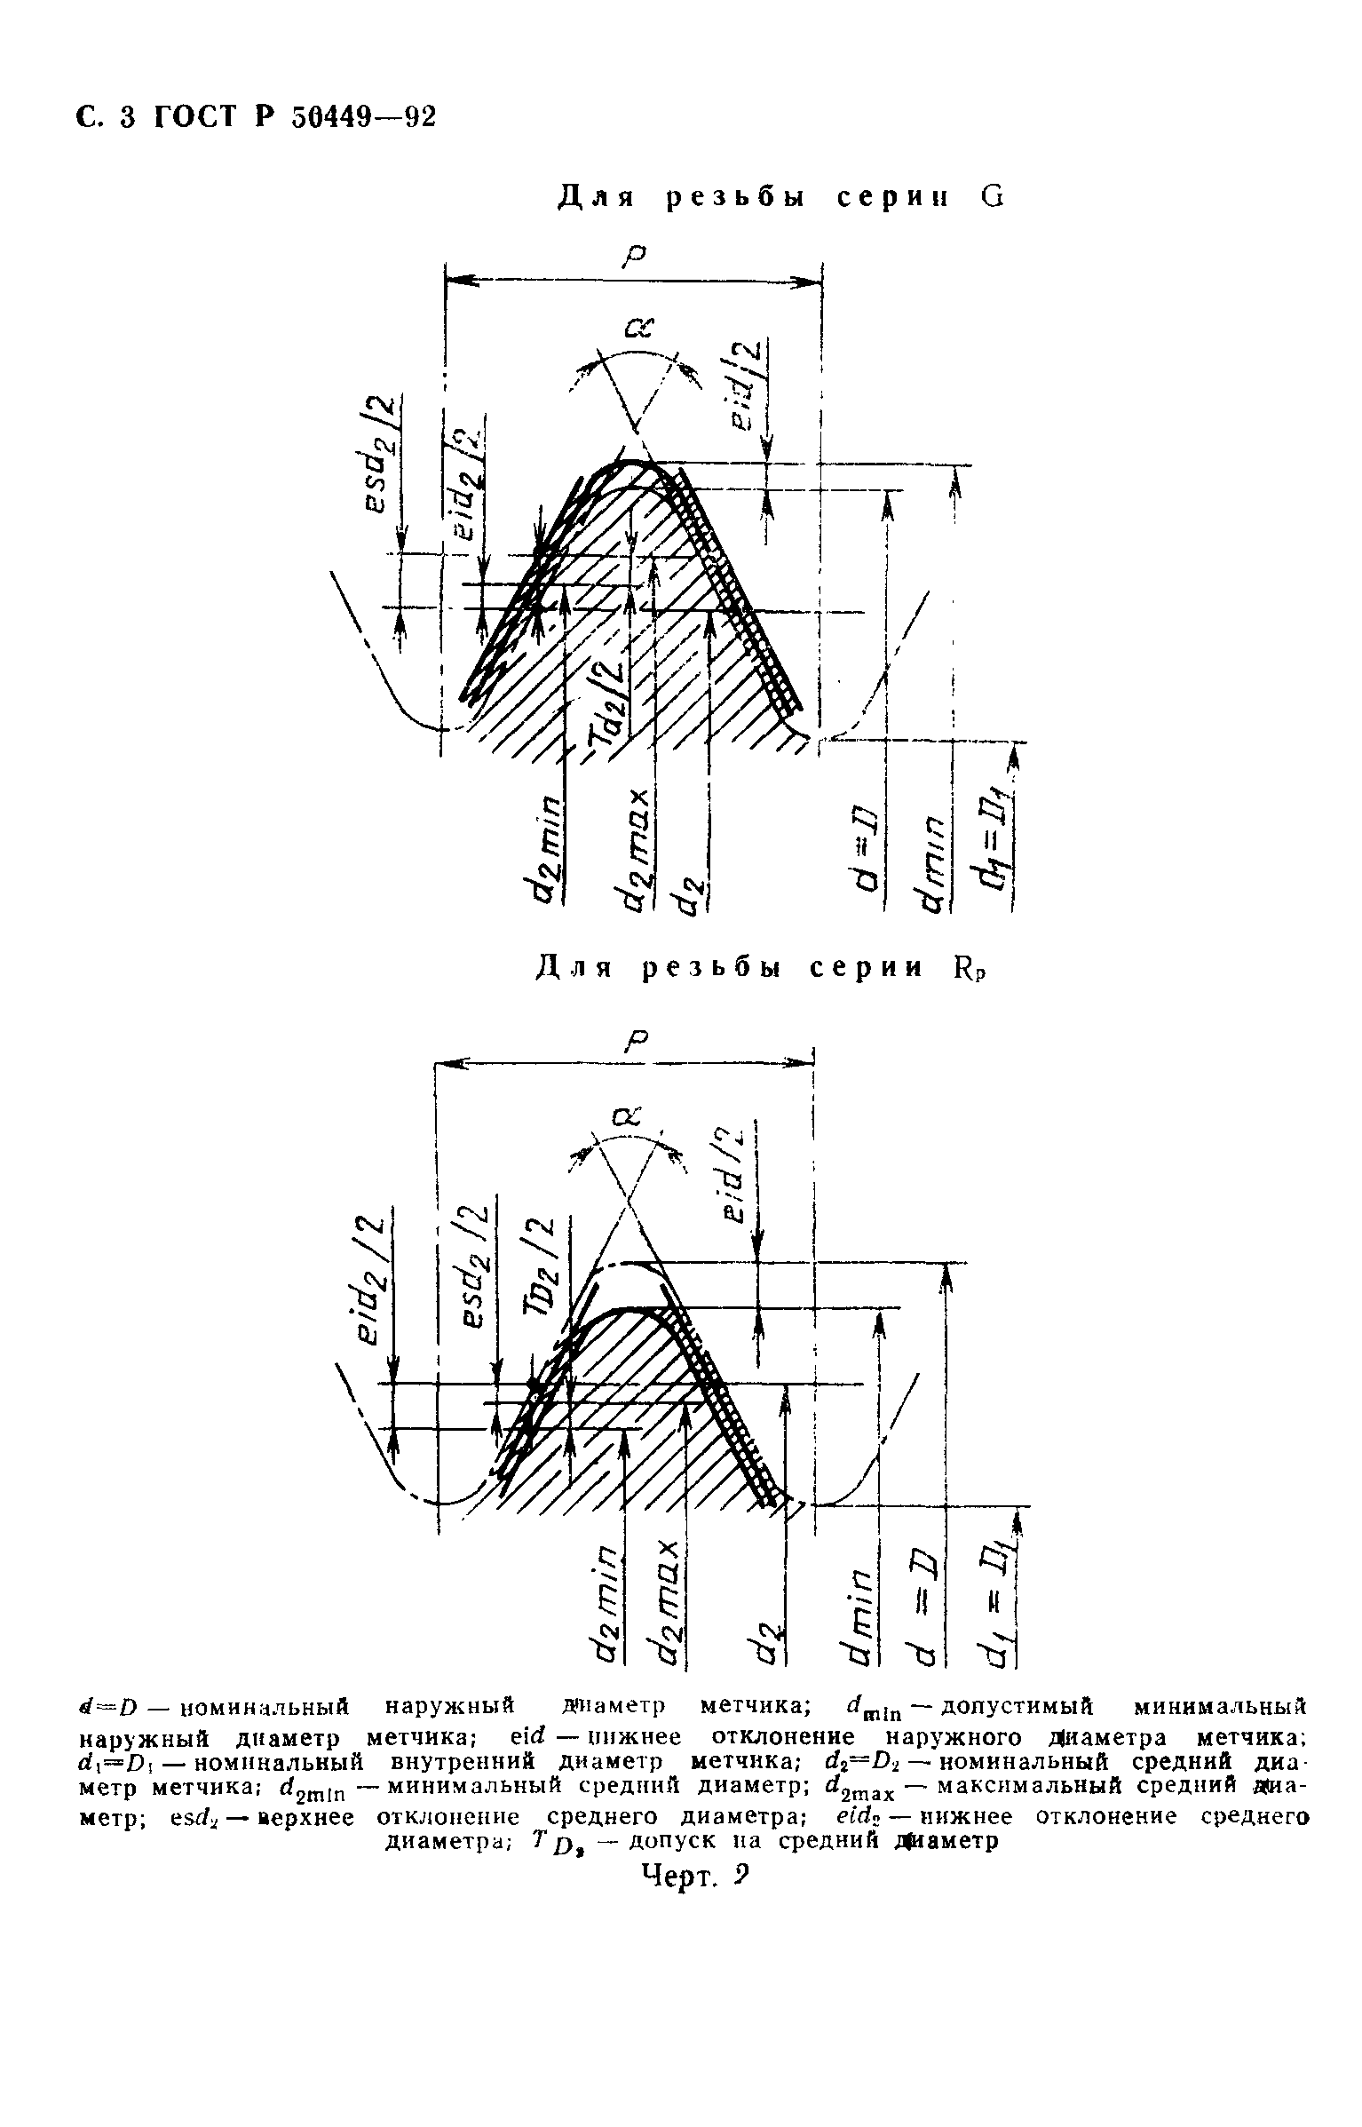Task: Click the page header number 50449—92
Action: pyautogui.click(x=365, y=118)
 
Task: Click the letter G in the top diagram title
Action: pyautogui.click(x=993, y=197)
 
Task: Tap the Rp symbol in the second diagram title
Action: pyautogui.click(x=970, y=968)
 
